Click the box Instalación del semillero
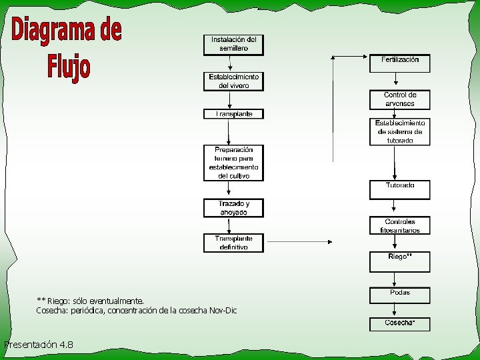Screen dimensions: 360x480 point(233,45)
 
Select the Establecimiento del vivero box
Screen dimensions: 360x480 point(233,81)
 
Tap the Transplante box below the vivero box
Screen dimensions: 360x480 point(233,114)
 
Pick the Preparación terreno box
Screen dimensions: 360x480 point(233,163)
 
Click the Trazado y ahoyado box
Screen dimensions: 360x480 point(233,208)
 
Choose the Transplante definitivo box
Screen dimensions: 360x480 point(233,243)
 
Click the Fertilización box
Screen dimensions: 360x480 point(400,63)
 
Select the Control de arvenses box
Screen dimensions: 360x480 point(400,99)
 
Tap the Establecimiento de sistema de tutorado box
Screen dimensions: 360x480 point(400,132)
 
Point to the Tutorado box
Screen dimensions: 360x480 point(400,189)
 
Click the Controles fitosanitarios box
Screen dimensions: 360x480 point(400,226)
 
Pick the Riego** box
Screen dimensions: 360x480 point(400,261)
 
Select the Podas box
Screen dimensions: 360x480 point(400,295)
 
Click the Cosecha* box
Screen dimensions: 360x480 point(400,324)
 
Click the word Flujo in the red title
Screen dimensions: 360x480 point(69,67)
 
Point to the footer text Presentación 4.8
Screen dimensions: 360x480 point(39,345)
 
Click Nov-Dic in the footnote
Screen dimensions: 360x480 point(223,311)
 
